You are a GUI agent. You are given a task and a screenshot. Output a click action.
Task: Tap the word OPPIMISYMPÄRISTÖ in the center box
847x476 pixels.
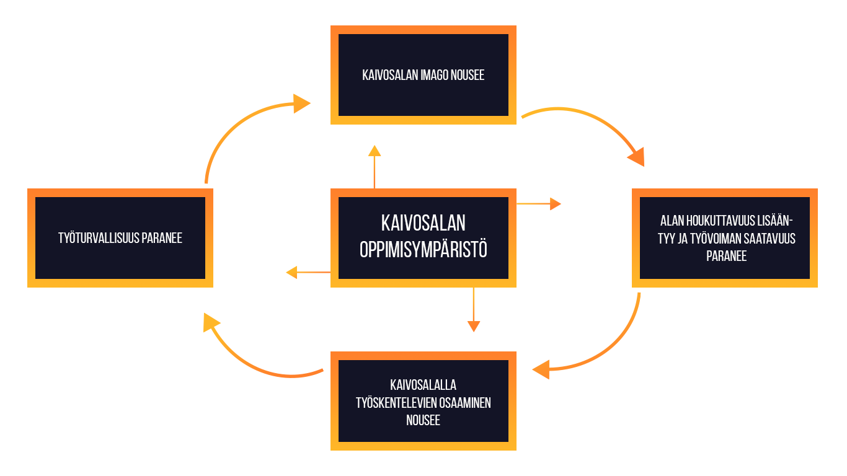click(423, 250)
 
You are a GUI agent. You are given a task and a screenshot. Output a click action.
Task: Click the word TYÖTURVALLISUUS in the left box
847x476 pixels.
click(99, 238)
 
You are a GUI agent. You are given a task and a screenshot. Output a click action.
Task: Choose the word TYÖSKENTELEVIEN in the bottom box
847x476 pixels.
click(396, 403)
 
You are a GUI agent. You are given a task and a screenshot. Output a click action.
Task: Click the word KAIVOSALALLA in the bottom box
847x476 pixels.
click(423, 386)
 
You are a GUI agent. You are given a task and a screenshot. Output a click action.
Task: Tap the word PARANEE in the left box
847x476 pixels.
click(162, 238)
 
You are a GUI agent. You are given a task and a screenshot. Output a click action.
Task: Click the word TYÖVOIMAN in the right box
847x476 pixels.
click(716, 239)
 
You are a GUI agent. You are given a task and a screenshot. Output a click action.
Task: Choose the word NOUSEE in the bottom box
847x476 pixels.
click(423, 420)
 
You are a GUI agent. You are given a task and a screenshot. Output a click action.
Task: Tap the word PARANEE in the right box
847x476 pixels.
click(726, 256)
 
